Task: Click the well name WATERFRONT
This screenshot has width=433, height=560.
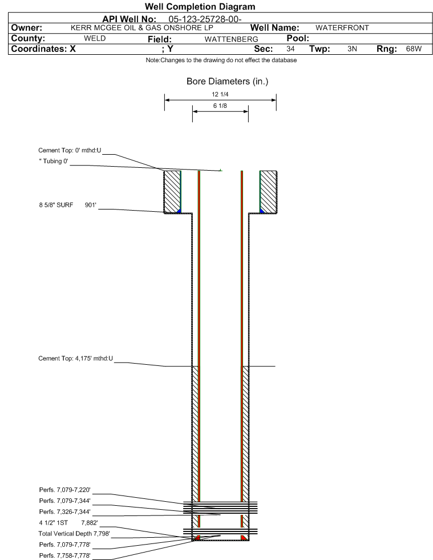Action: [342, 28]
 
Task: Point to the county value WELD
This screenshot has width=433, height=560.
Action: [95, 38]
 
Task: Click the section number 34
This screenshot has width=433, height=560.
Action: [290, 49]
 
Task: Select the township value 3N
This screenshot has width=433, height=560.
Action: [352, 49]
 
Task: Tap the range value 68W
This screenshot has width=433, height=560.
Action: [414, 49]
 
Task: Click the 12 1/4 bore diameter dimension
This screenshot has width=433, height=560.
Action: [220, 95]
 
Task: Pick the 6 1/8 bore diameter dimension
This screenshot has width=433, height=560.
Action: [220, 106]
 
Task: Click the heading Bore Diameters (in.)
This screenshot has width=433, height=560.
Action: [227, 82]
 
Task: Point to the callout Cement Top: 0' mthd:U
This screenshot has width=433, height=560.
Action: [69, 150]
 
